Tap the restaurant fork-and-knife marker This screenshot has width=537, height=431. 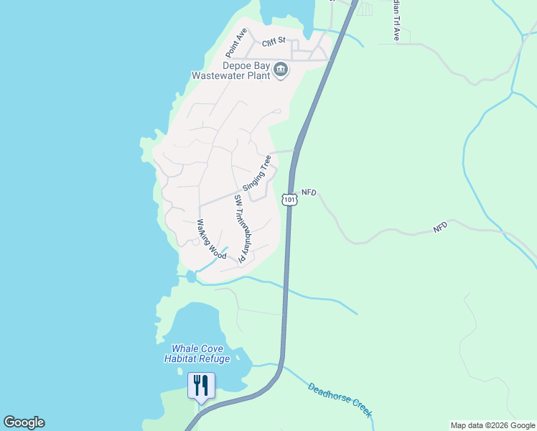coord(201,386)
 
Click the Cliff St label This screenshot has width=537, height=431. coord(274,43)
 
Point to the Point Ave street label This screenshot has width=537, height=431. coord(235,43)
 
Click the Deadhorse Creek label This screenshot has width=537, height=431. coord(340,400)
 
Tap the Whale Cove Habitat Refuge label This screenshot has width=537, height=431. coord(197,353)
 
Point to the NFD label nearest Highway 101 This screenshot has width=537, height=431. coord(309,193)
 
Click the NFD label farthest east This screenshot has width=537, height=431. coord(440,226)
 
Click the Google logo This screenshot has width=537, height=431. coord(24,422)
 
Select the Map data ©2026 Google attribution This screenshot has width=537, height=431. coord(492,425)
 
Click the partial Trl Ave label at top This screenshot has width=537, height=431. coord(396,19)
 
